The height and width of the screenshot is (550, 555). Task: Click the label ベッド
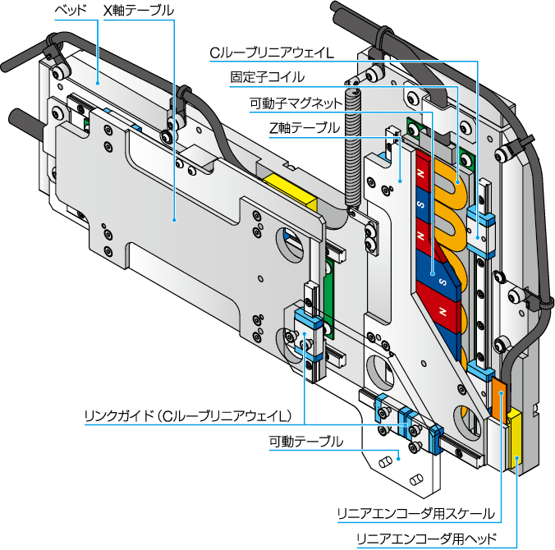pyautogui.click(x=71, y=11)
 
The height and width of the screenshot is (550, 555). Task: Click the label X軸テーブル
pyautogui.click(x=139, y=11)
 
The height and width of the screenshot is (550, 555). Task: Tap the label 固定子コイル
pyautogui.click(x=267, y=77)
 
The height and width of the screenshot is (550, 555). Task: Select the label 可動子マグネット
pyautogui.click(x=296, y=103)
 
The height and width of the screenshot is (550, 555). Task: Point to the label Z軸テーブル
pyautogui.click(x=305, y=128)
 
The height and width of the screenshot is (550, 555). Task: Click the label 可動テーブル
pyautogui.click(x=306, y=442)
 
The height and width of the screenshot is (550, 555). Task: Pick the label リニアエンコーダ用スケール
pyautogui.click(x=416, y=514)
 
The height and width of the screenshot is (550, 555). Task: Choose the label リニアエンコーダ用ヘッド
pyautogui.click(x=427, y=539)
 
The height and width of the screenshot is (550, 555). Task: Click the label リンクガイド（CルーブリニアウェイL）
pyautogui.click(x=188, y=416)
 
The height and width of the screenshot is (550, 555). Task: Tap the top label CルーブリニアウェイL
pyautogui.click(x=272, y=53)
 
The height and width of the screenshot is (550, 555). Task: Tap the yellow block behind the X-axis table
pyautogui.click(x=291, y=193)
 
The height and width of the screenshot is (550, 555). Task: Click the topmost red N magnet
pyautogui.click(x=423, y=172)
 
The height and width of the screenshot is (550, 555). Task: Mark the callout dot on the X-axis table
pyautogui.click(x=174, y=220)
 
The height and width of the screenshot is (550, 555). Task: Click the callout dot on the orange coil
pyautogui.click(x=457, y=182)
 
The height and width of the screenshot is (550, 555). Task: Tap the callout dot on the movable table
pyautogui.click(x=399, y=459)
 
